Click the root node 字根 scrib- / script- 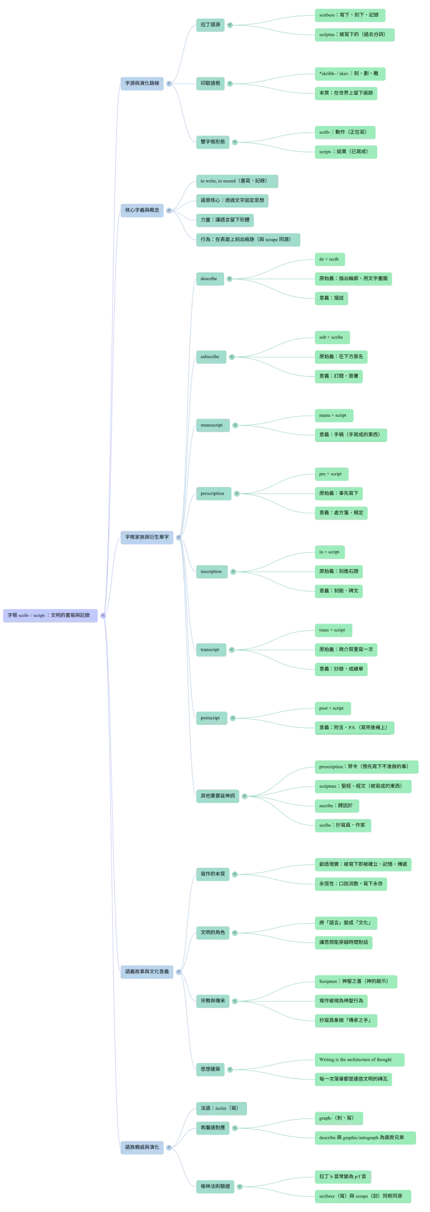pyautogui.click(x=49, y=614)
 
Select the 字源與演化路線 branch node pyautogui.click(x=142, y=83)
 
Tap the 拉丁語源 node pyautogui.click(x=210, y=24)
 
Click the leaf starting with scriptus pyautogui.click(x=352, y=34)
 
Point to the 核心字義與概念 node pyautogui.click(x=142, y=210)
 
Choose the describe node pyautogui.click(x=209, y=278)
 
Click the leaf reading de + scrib pyautogui.click(x=329, y=259)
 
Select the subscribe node pyautogui.click(x=210, y=356)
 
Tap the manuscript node pyautogui.click(x=212, y=425)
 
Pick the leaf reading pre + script pyautogui.click(x=330, y=474)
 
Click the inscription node pyautogui.click(x=211, y=571)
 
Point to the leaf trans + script pyautogui.click(x=332, y=630)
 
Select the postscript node pyautogui.click(x=210, y=718)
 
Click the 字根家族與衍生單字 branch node pyautogui.click(x=146, y=537)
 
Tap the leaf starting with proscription pyautogui.click(x=363, y=766)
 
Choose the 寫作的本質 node pyautogui.click(x=213, y=873)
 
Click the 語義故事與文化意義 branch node pyautogui.click(x=147, y=971)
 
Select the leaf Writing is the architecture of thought pyautogui.click(x=355, y=1059)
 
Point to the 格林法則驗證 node pyautogui.click(x=216, y=1186)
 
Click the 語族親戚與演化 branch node pyautogui.click(x=142, y=1147)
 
